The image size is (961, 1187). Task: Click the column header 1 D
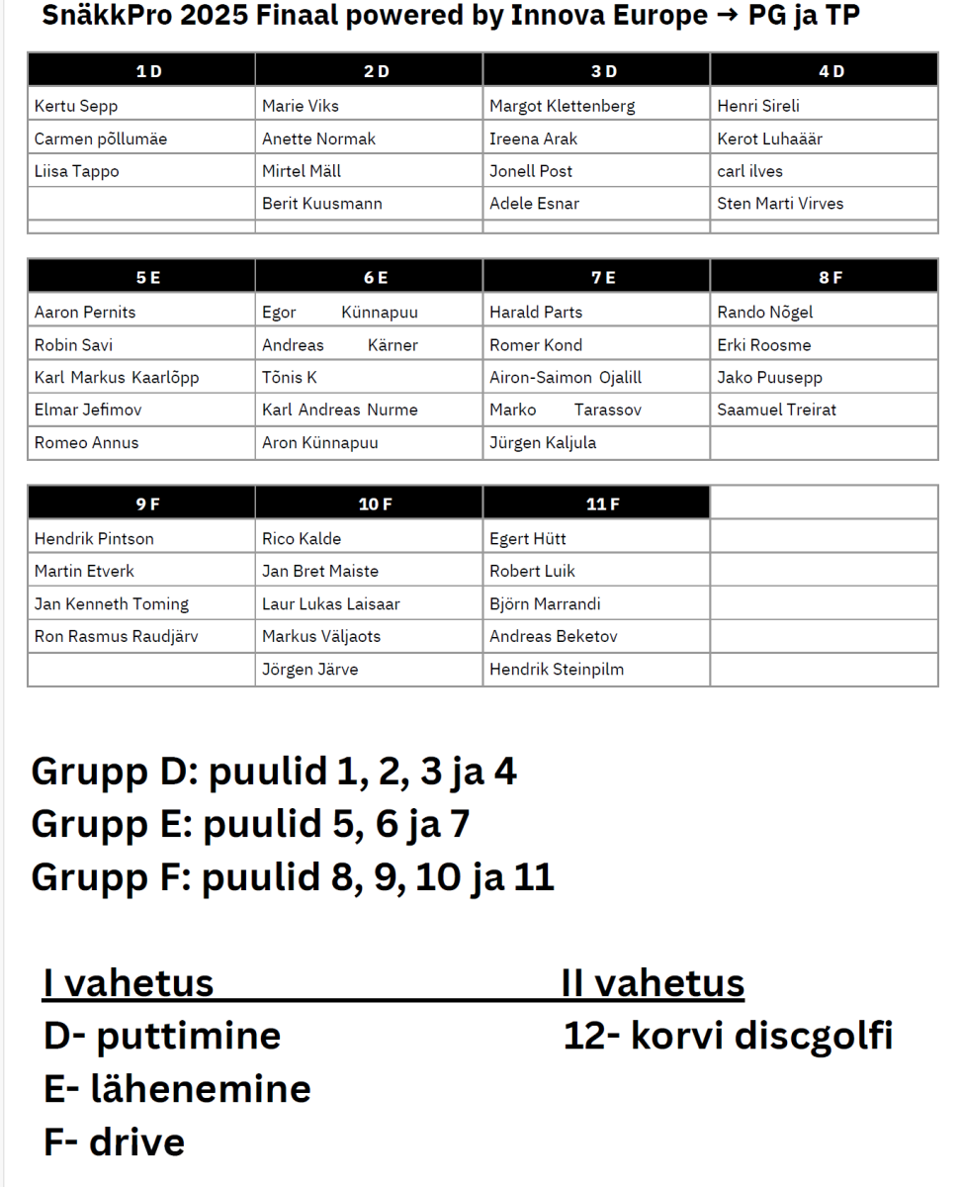pos(147,71)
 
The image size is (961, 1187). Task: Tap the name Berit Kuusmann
pos(322,204)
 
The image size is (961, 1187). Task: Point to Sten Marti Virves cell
pos(780,204)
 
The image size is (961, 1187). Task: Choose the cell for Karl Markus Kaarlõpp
pos(117,378)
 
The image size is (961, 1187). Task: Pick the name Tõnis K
pos(290,378)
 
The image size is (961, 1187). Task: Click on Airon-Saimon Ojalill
pos(566,378)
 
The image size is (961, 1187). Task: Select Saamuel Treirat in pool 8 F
pos(776,410)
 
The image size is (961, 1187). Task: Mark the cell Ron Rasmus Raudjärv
pos(116,636)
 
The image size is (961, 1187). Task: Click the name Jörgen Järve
pos(310,670)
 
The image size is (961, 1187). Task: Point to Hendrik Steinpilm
pos(557,670)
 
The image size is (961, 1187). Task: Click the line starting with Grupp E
pos(250,824)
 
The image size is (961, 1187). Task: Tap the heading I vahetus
pos(129,983)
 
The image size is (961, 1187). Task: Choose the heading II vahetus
pos(653,983)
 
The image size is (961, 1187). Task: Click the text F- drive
pos(115,1141)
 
